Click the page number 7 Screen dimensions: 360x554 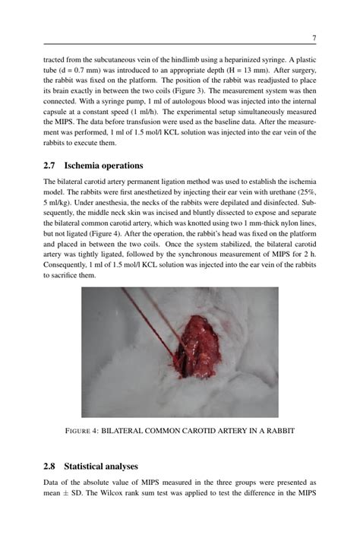314,37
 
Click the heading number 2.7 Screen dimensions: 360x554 51,166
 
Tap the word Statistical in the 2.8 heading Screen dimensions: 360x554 91,466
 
